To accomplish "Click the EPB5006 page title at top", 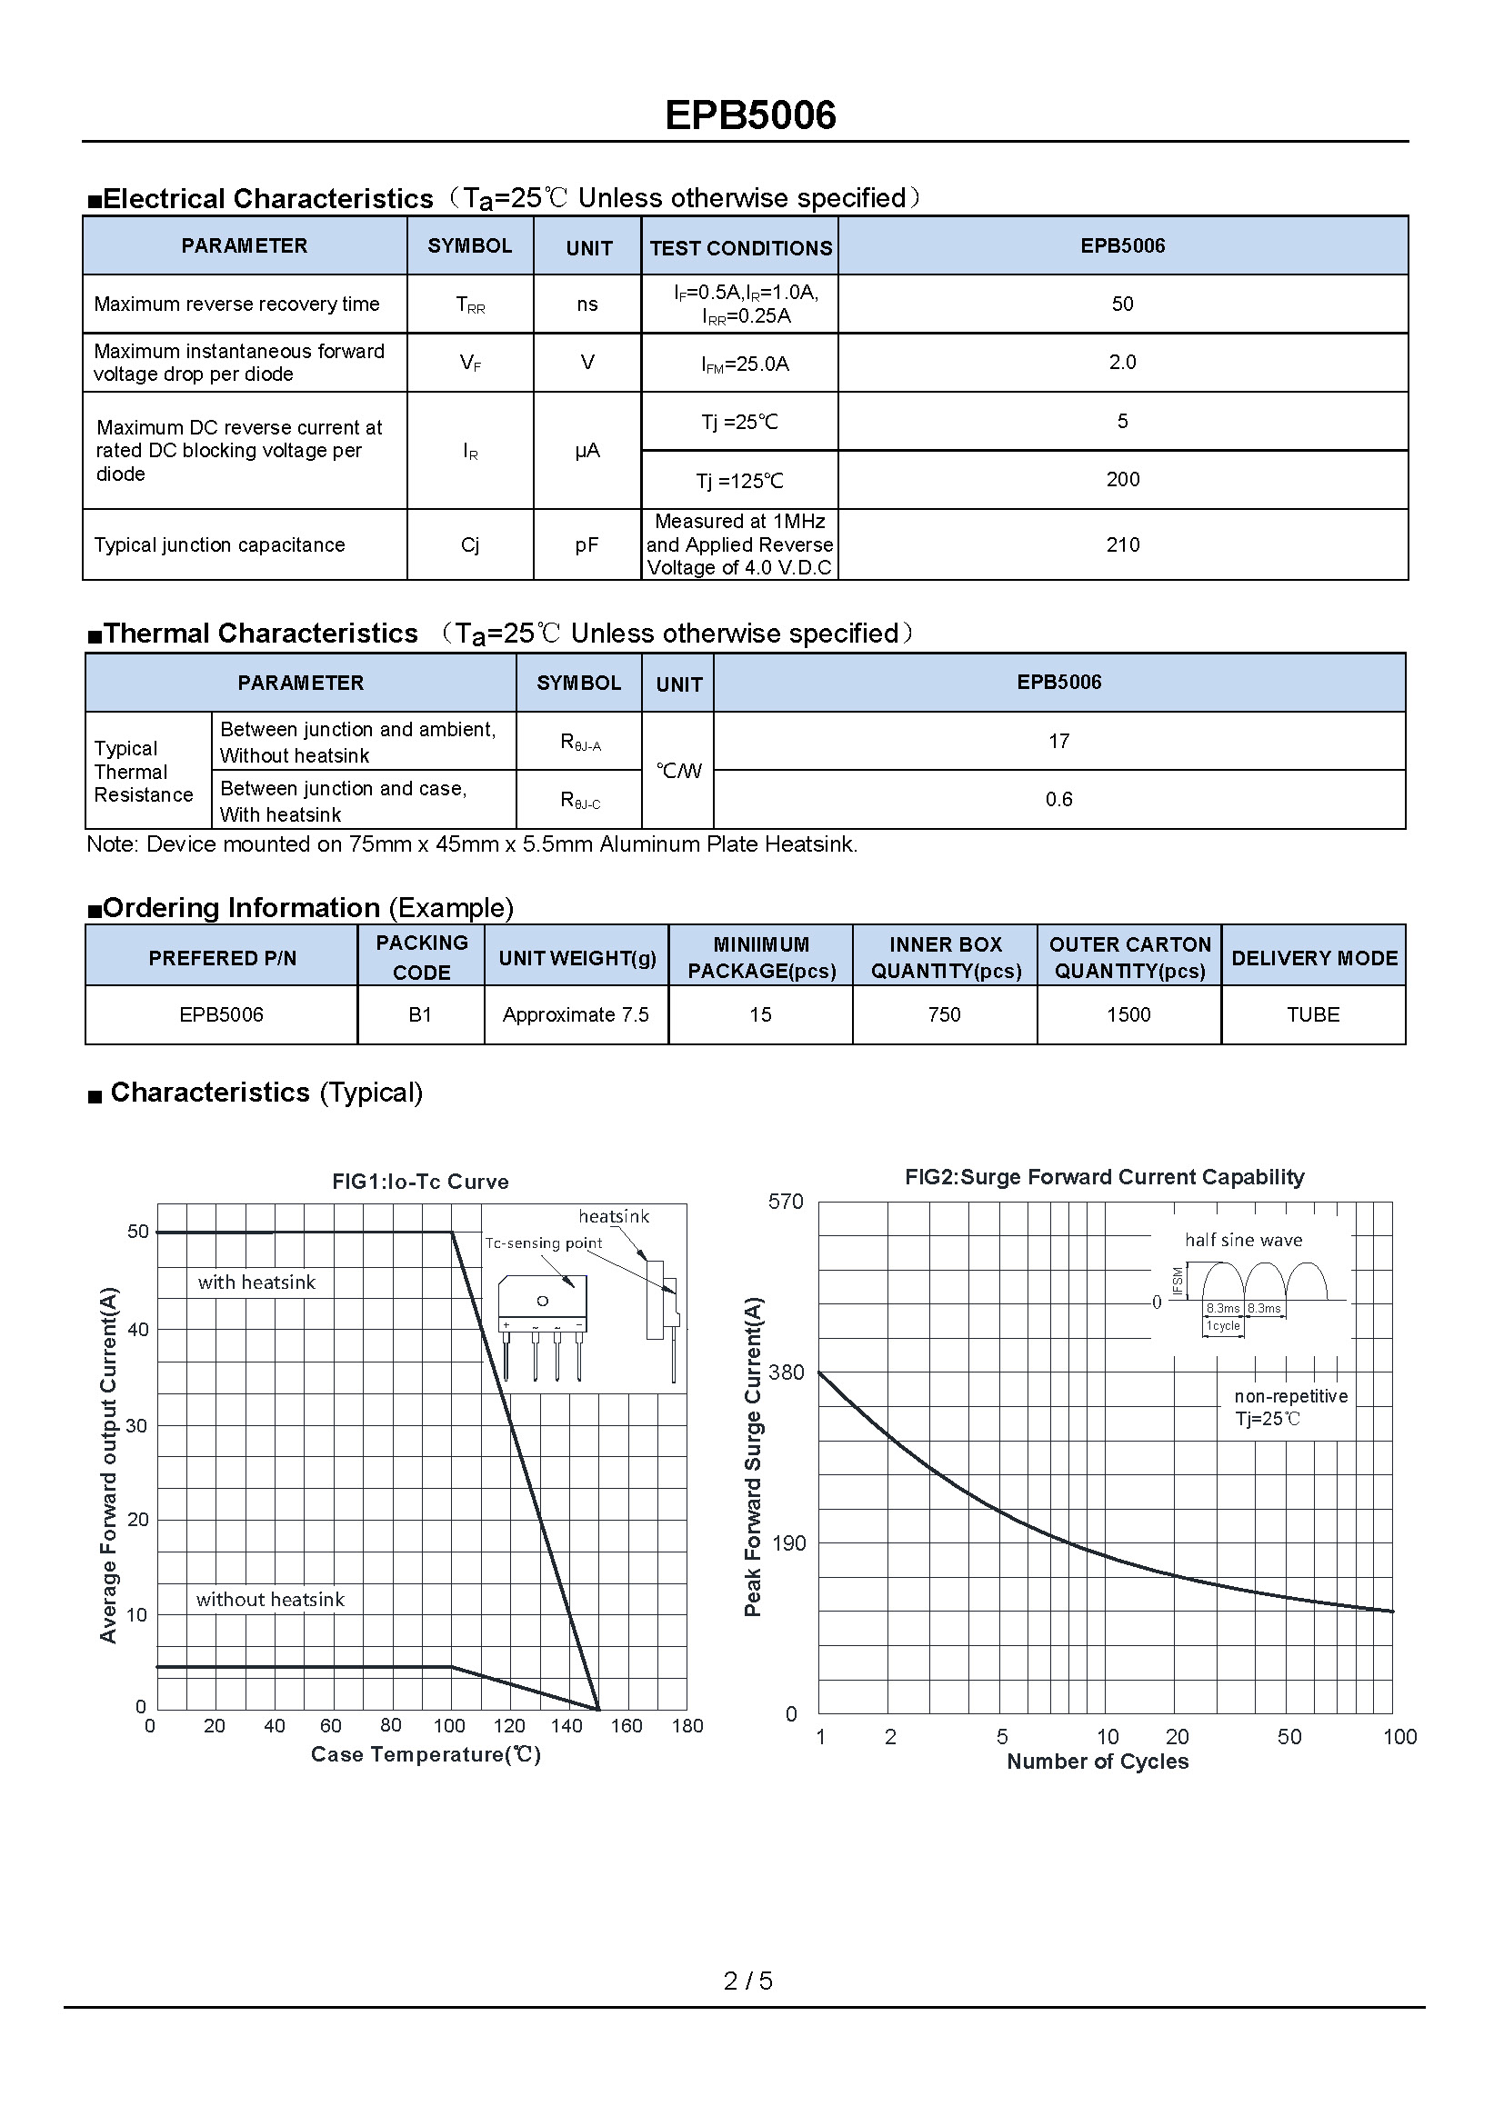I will tap(750, 115).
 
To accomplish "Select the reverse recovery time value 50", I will tap(1122, 304).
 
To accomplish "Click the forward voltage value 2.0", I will tap(1122, 362).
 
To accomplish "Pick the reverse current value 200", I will tap(1122, 480).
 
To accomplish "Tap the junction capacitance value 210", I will tap(1122, 545).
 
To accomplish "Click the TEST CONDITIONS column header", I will tap(740, 248).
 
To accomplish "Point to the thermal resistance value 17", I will tap(1058, 742).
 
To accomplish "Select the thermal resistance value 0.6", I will tap(1058, 799).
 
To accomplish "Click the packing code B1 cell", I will tap(420, 1015).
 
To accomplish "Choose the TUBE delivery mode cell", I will tap(1312, 1015).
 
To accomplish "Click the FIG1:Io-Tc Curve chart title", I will tap(420, 1182).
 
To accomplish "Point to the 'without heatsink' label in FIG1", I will tap(269, 1599).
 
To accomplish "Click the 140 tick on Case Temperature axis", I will tap(567, 1726).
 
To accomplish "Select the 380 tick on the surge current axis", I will tap(787, 1372).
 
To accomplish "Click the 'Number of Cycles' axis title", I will tap(1098, 1762).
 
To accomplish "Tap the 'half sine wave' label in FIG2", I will tap(1243, 1240).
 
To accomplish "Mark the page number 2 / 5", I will tap(748, 1981).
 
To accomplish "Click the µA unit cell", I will tap(587, 451).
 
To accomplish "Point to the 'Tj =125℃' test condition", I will tap(739, 481).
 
